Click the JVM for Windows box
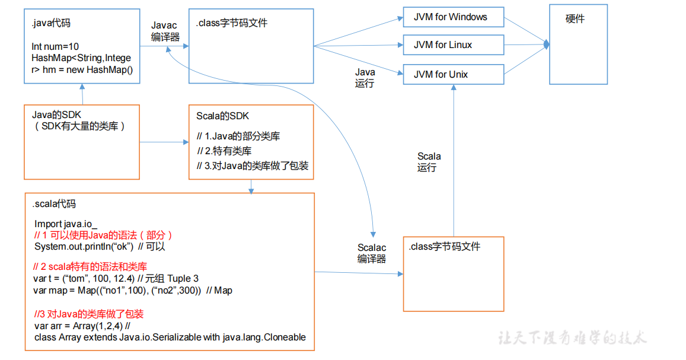[453, 17]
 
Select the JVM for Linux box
[453, 45]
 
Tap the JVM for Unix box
[453, 75]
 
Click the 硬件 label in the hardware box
[575, 19]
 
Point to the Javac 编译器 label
[164, 31]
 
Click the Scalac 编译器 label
[372, 253]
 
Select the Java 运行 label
[365, 78]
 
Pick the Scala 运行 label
[429, 162]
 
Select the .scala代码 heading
[55, 204]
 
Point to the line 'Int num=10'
[55, 47]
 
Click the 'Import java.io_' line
[66, 224]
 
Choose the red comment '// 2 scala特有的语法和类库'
[90, 267]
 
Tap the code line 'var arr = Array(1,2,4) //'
[82, 326]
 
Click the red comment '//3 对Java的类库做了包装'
[88, 314]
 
